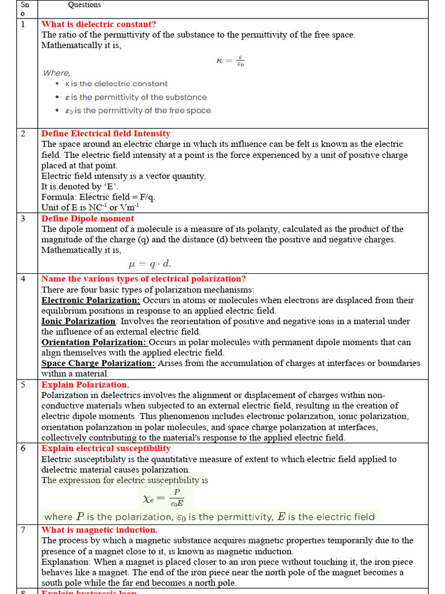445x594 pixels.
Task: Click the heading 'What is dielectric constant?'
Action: [99, 24]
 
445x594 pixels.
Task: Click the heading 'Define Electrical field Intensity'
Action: [106, 133]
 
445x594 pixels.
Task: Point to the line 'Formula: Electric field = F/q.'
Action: [98, 197]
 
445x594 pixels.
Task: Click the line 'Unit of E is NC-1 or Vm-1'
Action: [90, 207]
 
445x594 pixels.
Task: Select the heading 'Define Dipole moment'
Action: [87, 219]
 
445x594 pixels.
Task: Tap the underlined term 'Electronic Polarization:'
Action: [91, 300]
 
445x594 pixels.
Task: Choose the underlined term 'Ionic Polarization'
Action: [79, 321]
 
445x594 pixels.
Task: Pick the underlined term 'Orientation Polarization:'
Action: [94, 342]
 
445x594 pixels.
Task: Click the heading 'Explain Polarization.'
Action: [85, 385]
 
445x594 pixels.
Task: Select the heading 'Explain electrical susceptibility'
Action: [106, 448]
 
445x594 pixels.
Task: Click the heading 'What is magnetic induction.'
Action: [99, 530]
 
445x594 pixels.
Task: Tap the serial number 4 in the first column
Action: [23, 279]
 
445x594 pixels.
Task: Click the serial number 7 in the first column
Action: [23, 530]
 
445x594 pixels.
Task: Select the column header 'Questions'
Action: [85, 5]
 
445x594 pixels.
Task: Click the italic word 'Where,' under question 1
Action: [56, 73]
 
